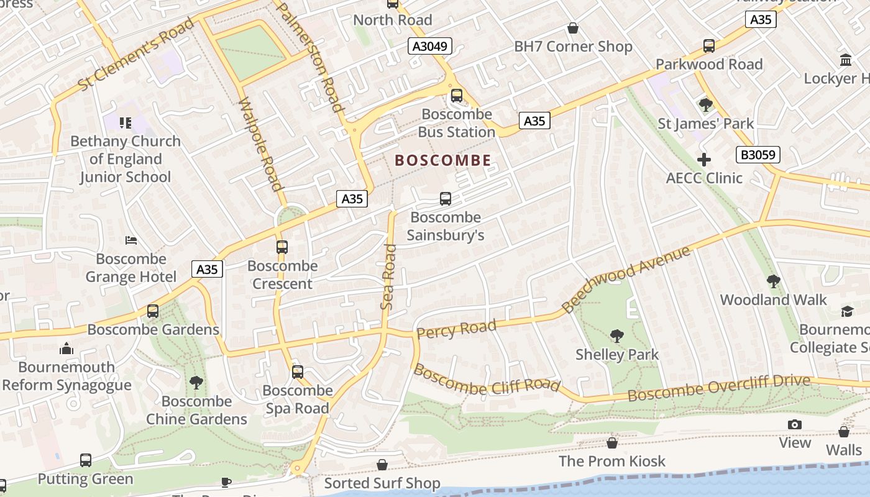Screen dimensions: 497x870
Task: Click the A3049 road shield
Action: point(430,46)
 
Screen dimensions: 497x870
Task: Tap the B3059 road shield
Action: point(758,155)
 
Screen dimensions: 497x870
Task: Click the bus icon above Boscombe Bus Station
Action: point(457,96)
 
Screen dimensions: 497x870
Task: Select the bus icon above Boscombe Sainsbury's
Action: point(446,199)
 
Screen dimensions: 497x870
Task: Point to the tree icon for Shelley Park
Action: point(616,336)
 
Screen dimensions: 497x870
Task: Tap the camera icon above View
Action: point(794,425)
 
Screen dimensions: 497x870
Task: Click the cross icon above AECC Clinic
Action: point(703,160)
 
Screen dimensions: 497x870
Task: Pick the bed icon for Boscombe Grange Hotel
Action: point(130,240)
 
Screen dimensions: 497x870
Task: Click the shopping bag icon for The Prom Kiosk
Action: point(612,443)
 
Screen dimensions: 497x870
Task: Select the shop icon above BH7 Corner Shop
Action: point(573,29)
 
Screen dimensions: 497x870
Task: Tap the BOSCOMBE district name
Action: point(443,161)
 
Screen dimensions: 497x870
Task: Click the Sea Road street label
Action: point(388,277)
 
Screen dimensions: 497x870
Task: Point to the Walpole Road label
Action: point(261,144)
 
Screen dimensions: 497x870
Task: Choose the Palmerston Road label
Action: point(309,57)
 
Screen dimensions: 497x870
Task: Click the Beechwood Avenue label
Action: point(626,280)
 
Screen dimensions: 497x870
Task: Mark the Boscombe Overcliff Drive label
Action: point(718,388)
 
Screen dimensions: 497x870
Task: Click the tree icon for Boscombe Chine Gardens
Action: point(196,383)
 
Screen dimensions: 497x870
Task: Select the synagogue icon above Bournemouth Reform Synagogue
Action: point(66,349)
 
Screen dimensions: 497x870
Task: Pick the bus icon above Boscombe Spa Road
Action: point(298,372)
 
